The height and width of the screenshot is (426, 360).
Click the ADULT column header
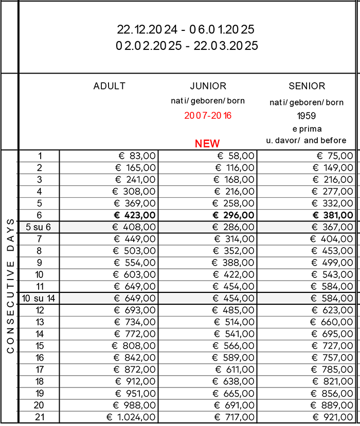tap(109, 86)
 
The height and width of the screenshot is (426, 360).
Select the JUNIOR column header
tap(208, 86)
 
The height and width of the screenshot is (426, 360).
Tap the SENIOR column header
tap(307, 86)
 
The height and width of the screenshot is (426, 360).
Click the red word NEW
tap(207, 143)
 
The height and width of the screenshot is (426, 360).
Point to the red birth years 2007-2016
tap(208, 116)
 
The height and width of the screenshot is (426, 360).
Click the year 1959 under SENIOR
tap(307, 116)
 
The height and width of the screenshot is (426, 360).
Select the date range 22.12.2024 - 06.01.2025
tap(186, 30)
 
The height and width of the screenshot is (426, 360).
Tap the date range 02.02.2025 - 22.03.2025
tap(187, 46)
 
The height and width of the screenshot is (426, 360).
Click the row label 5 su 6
tap(39, 227)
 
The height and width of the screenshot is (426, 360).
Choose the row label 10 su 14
tap(39, 298)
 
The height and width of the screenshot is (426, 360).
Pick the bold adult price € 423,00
tap(134, 215)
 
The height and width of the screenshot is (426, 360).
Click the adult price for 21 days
tap(131, 417)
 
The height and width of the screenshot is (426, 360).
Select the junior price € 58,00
tap(235, 156)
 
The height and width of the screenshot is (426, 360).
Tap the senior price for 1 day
tap(335, 156)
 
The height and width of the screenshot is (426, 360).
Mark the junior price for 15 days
tap(233, 346)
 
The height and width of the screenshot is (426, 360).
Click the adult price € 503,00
tap(134, 251)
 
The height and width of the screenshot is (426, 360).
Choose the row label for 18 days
tap(40, 381)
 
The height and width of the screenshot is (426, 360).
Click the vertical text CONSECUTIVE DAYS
tap(10, 285)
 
